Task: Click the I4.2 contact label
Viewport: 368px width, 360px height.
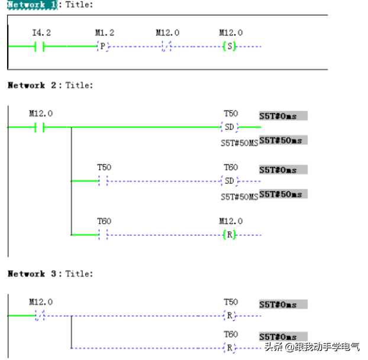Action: (x=40, y=33)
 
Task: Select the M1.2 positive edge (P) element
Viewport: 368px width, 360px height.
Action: (x=102, y=46)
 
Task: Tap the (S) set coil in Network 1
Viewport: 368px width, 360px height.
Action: (x=229, y=46)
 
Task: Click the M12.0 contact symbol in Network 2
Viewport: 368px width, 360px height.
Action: (x=40, y=127)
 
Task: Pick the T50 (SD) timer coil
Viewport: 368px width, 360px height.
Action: (x=229, y=127)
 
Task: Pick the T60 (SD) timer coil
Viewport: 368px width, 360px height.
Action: (x=229, y=180)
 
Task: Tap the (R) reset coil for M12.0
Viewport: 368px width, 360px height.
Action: (x=229, y=235)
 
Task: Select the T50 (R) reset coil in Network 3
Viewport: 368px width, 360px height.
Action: (x=229, y=316)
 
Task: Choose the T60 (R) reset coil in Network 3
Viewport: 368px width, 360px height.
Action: (x=229, y=348)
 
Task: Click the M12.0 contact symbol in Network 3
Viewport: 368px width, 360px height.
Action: (x=40, y=316)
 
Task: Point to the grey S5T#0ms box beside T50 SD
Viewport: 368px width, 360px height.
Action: (x=283, y=116)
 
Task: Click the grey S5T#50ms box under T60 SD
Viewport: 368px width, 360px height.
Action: (x=283, y=194)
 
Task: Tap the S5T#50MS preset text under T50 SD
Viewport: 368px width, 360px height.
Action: (x=239, y=143)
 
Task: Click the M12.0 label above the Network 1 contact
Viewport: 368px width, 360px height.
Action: (x=167, y=33)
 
